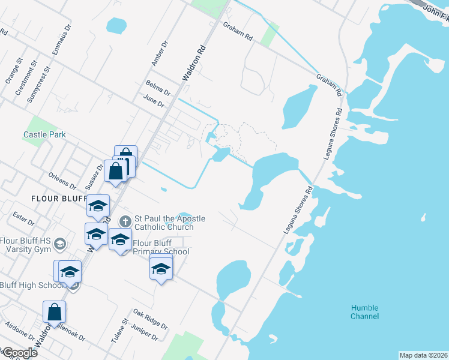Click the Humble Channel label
click(x=365, y=312)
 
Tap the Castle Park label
click(x=45, y=135)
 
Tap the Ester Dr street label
click(x=23, y=218)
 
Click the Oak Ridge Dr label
click(x=150, y=319)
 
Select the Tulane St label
click(x=118, y=331)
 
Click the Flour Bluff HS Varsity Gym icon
click(x=59, y=243)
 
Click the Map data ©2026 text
click(x=423, y=355)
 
